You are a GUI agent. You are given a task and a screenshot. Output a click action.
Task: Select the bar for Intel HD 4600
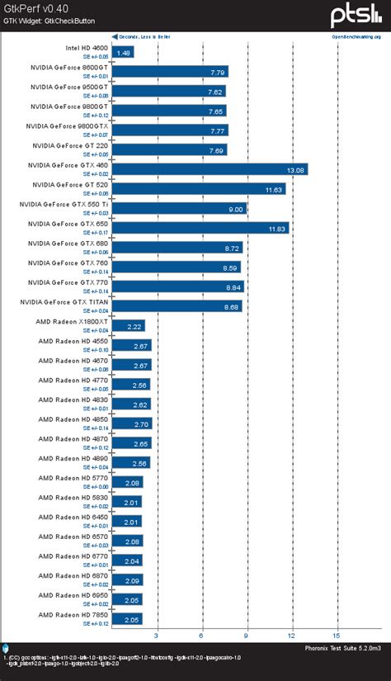pyautogui.click(x=123, y=53)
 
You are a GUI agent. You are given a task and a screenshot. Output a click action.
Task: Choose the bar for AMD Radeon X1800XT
pyautogui.click(x=129, y=325)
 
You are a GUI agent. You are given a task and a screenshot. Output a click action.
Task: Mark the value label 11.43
pyautogui.click(x=275, y=189)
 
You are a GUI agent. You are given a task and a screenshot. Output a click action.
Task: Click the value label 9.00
pyautogui.click(x=237, y=209)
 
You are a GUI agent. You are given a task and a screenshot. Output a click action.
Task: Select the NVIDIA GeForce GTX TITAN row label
pyautogui.click(x=68, y=302)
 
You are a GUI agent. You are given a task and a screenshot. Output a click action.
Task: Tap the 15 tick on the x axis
pyautogui.click(x=336, y=636)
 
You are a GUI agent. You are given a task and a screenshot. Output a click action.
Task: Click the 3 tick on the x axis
pyautogui.click(x=157, y=636)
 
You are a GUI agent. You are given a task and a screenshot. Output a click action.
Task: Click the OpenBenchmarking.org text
pyautogui.click(x=356, y=36)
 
